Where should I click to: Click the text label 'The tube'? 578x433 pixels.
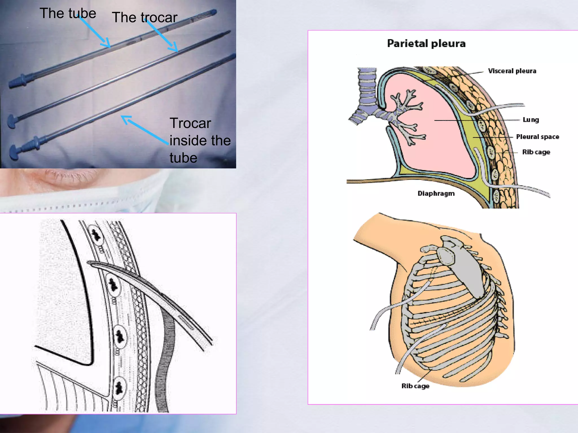[x=68, y=14]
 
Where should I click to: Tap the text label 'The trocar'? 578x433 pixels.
[x=144, y=17]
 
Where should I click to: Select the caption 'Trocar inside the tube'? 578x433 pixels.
[x=200, y=140]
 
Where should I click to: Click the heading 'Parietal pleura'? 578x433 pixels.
[x=426, y=43]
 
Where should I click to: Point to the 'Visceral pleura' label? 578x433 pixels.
[x=512, y=71]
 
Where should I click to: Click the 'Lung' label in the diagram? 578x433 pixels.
[x=531, y=120]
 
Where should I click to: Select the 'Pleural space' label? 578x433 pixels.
[x=537, y=137]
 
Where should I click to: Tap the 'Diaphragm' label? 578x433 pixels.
[x=436, y=193]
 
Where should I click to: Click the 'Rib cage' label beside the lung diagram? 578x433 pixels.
[x=536, y=152]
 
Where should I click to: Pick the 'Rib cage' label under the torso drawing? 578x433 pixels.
[x=415, y=386]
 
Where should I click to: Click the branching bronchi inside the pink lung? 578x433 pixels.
[x=406, y=116]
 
